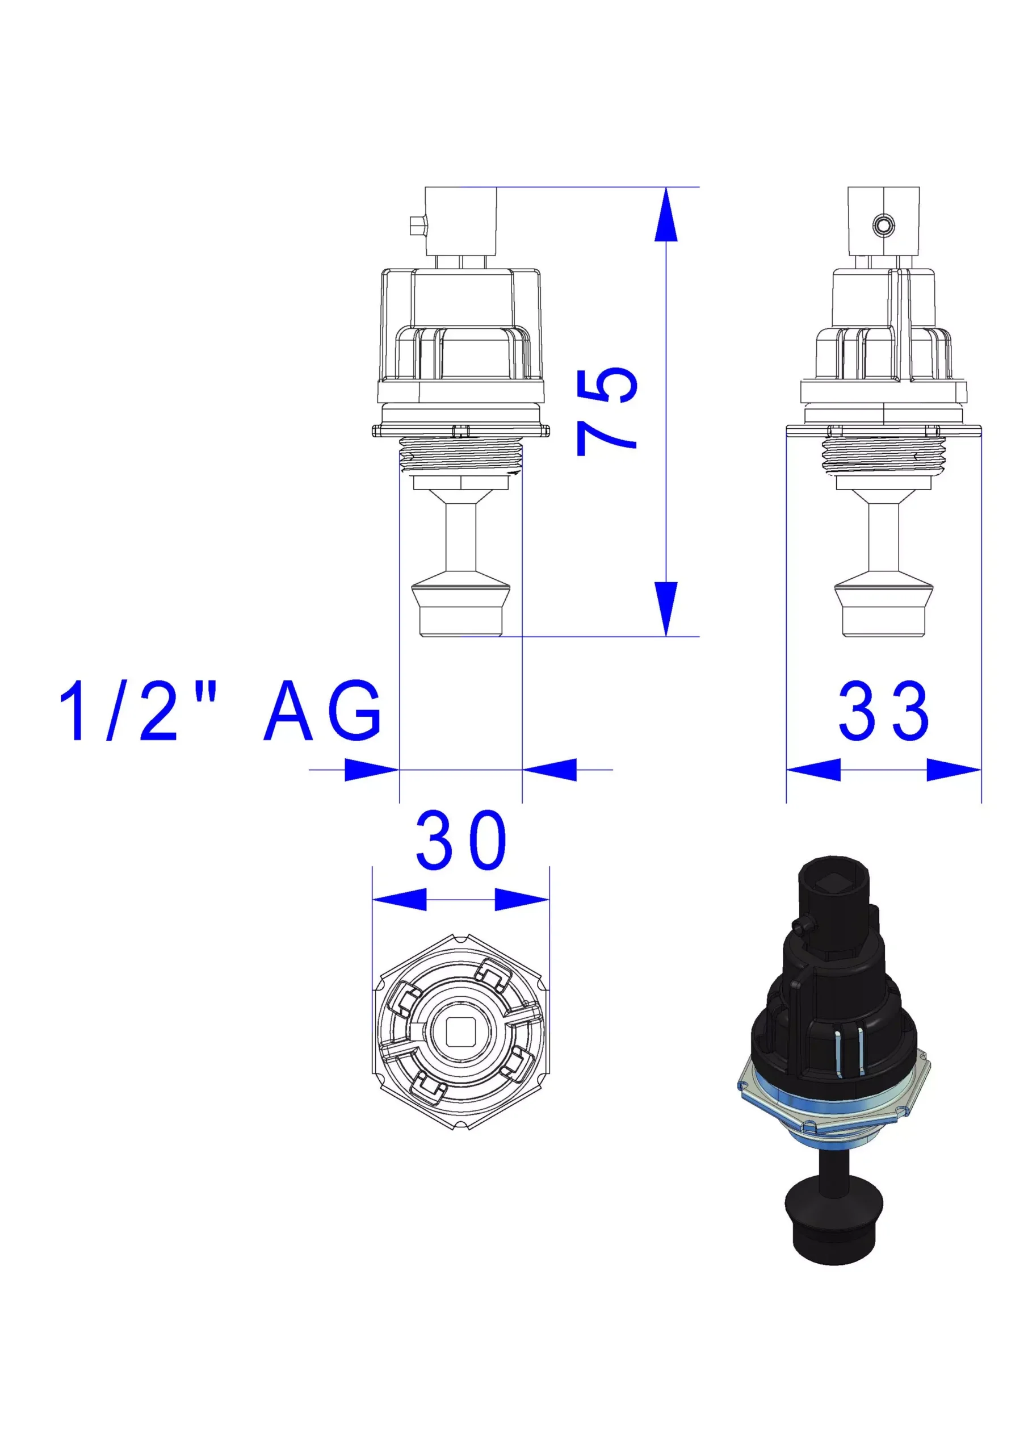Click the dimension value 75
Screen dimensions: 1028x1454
(x=607, y=411)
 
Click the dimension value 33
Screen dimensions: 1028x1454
(x=884, y=711)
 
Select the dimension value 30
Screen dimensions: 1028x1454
(x=461, y=841)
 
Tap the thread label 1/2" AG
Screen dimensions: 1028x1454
(x=220, y=711)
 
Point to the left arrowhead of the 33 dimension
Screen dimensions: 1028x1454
(x=813, y=770)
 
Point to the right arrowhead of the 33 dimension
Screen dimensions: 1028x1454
(x=954, y=770)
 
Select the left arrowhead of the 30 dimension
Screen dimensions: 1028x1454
(x=400, y=899)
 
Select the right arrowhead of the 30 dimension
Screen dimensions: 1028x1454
(x=522, y=899)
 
